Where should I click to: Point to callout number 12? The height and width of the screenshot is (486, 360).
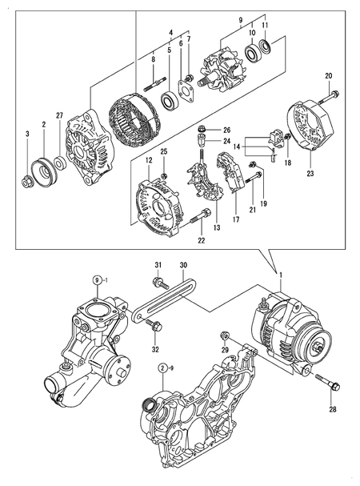[x=148, y=160]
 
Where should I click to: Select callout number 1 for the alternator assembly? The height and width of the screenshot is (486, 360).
[x=281, y=275]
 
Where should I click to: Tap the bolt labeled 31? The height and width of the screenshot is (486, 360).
[x=159, y=282]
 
